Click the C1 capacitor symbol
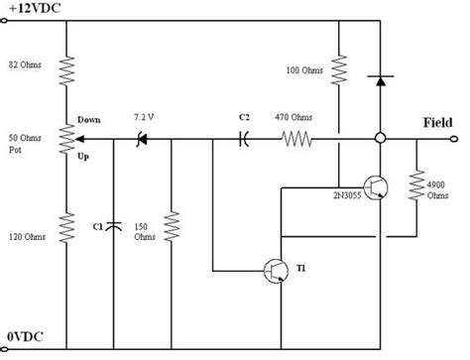tap(114, 227)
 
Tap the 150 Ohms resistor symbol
tap(173, 226)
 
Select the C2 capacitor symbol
tap(244, 140)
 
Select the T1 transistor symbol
tap(277, 271)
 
